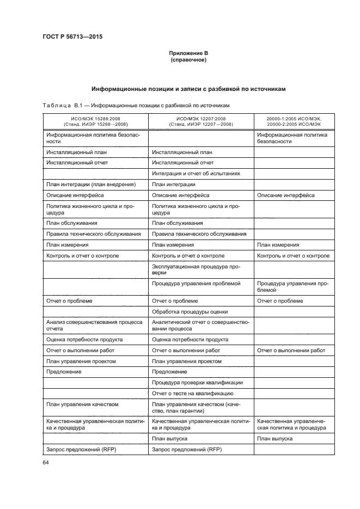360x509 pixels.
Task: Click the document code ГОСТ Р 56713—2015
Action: [x=72, y=37]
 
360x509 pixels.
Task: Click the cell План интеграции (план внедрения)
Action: [x=83, y=184]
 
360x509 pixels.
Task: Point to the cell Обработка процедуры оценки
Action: [x=190, y=311]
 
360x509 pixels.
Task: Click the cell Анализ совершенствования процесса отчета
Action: [x=94, y=325]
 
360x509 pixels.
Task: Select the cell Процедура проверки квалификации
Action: [x=197, y=382]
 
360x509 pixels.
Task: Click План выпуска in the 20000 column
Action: [x=275, y=438]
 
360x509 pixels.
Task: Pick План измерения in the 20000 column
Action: [x=278, y=244]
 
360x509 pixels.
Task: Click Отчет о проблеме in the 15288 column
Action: [x=70, y=301]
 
